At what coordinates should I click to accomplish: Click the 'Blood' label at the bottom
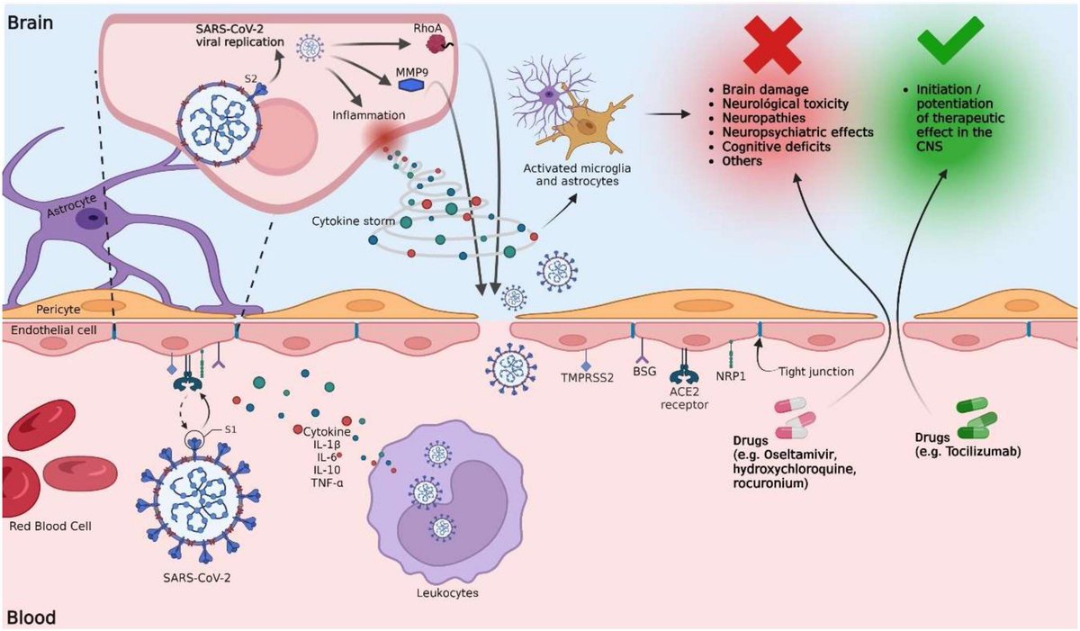[32, 617]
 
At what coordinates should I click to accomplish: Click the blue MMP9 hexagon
[412, 84]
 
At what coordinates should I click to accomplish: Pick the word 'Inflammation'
[368, 115]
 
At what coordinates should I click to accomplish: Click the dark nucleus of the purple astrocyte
[89, 216]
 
